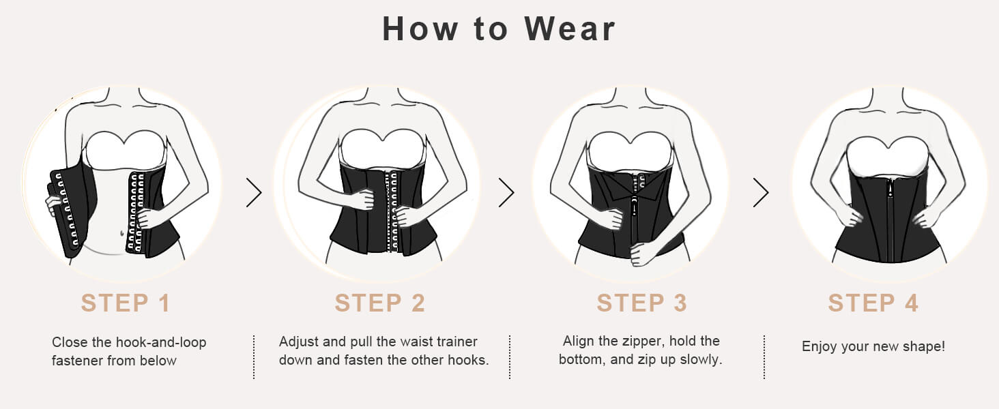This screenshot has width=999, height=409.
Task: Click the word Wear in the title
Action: click(x=570, y=29)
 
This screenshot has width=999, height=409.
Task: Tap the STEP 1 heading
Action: click(x=125, y=303)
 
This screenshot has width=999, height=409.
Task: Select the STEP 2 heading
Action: click(x=380, y=303)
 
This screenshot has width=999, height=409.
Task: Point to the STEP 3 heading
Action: click(x=641, y=303)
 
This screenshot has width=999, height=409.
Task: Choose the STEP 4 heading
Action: click(x=873, y=303)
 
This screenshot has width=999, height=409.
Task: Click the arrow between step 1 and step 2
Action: click(x=254, y=194)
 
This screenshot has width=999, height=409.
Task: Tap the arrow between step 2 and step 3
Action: click(x=506, y=194)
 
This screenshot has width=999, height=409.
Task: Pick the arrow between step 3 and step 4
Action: click(x=760, y=194)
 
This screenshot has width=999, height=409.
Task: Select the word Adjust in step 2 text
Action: click(x=298, y=342)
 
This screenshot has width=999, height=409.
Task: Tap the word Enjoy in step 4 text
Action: click(x=820, y=346)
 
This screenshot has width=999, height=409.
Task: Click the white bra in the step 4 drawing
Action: click(x=887, y=154)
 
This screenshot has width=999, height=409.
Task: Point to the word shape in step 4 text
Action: click(x=925, y=346)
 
